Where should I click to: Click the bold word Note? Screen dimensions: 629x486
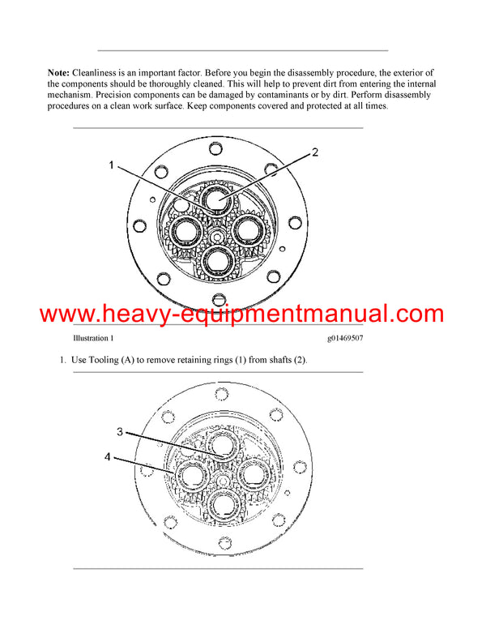coord(59,73)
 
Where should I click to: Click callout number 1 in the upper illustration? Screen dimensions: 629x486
coord(112,165)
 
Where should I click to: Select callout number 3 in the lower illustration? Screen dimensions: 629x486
coord(119,432)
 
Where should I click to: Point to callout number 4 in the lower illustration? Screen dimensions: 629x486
coord(108,457)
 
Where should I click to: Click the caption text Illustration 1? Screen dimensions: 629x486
coord(93,338)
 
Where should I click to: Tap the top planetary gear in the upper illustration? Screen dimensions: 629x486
coord(219,199)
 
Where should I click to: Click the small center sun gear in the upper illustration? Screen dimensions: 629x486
coord(219,235)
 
